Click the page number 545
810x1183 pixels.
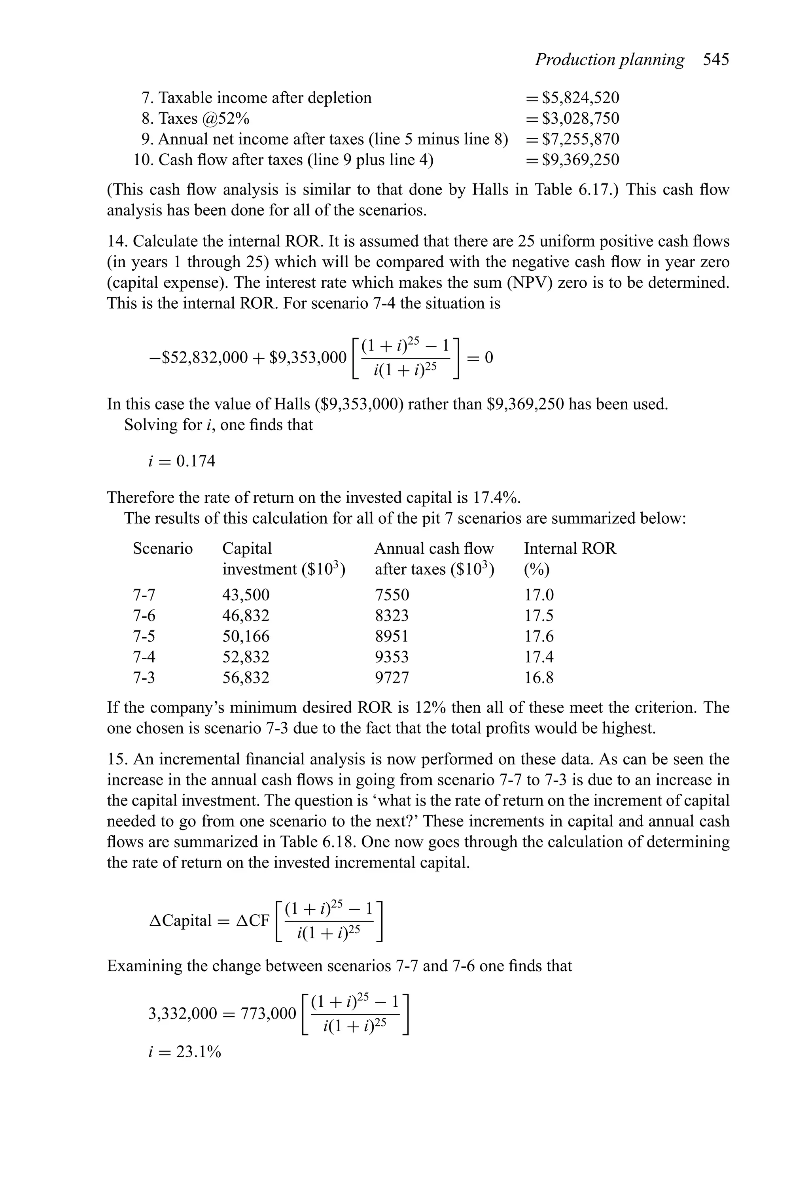[716, 60]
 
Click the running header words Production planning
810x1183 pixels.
[609, 60]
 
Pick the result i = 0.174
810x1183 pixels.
[182, 461]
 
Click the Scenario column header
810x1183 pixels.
[163, 548]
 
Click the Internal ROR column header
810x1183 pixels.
[570, 548]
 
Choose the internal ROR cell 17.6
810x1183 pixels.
[539, 636]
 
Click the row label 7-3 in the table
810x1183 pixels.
[144, 677]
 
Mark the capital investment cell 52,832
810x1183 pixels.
[246, 657]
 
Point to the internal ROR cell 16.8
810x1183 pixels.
[539, 677]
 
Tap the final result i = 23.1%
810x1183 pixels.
[184, 1052]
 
